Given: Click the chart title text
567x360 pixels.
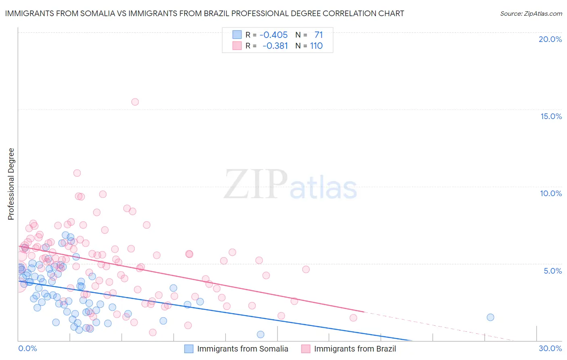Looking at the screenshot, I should [x=204, y=14].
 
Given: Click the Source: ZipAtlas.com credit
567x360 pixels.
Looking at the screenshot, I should [x=531, y=14].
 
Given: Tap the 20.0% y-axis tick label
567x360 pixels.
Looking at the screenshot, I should [x=550, y=39].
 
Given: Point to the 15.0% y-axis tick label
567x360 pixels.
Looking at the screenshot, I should [x=551, y=116].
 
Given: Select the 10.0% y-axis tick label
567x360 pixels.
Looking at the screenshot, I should [x=551, y=193].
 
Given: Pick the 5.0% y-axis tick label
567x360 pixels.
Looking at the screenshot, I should [x=552, y=271].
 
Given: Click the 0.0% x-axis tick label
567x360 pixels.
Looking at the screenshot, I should [x=27, y=348].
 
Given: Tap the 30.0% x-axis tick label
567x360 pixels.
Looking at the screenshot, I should [x=550, y=348].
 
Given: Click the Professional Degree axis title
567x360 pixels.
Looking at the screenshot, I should [x=11, y=184].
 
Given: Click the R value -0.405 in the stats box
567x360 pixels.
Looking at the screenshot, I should [x=273, y=35].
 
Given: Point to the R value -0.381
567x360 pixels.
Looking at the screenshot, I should [x=275, y=46].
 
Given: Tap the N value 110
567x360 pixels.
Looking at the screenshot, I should [x=316, y=46].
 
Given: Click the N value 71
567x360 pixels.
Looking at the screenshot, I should [x=319, y=35].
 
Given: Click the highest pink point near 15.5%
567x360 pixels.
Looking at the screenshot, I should [x=135, y=102].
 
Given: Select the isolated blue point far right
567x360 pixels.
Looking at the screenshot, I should [x=490, y=317].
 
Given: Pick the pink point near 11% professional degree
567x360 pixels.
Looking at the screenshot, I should [x=77, y=173].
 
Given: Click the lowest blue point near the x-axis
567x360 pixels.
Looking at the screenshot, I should [x=261, y=334].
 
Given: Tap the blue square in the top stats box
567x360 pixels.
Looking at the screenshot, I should [x=237, y=35].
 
